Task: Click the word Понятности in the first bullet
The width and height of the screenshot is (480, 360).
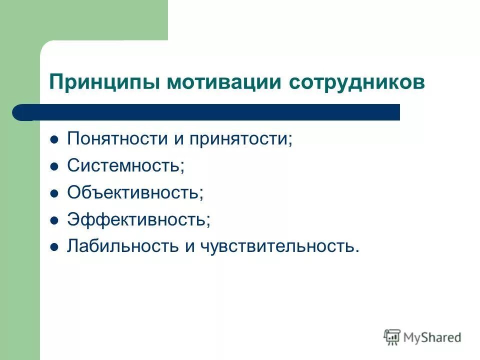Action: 117,138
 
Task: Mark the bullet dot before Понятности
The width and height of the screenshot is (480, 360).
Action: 54,139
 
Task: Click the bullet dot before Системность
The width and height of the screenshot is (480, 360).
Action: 54,166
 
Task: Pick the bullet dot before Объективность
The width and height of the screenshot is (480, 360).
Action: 54,193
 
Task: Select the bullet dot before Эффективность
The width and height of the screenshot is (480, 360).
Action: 54,220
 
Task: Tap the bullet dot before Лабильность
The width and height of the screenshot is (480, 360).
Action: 54,247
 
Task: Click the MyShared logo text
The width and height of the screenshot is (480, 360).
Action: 432,337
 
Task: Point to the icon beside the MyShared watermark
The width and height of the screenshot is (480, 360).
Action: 392,337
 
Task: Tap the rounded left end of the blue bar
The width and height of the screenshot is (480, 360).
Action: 20,112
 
